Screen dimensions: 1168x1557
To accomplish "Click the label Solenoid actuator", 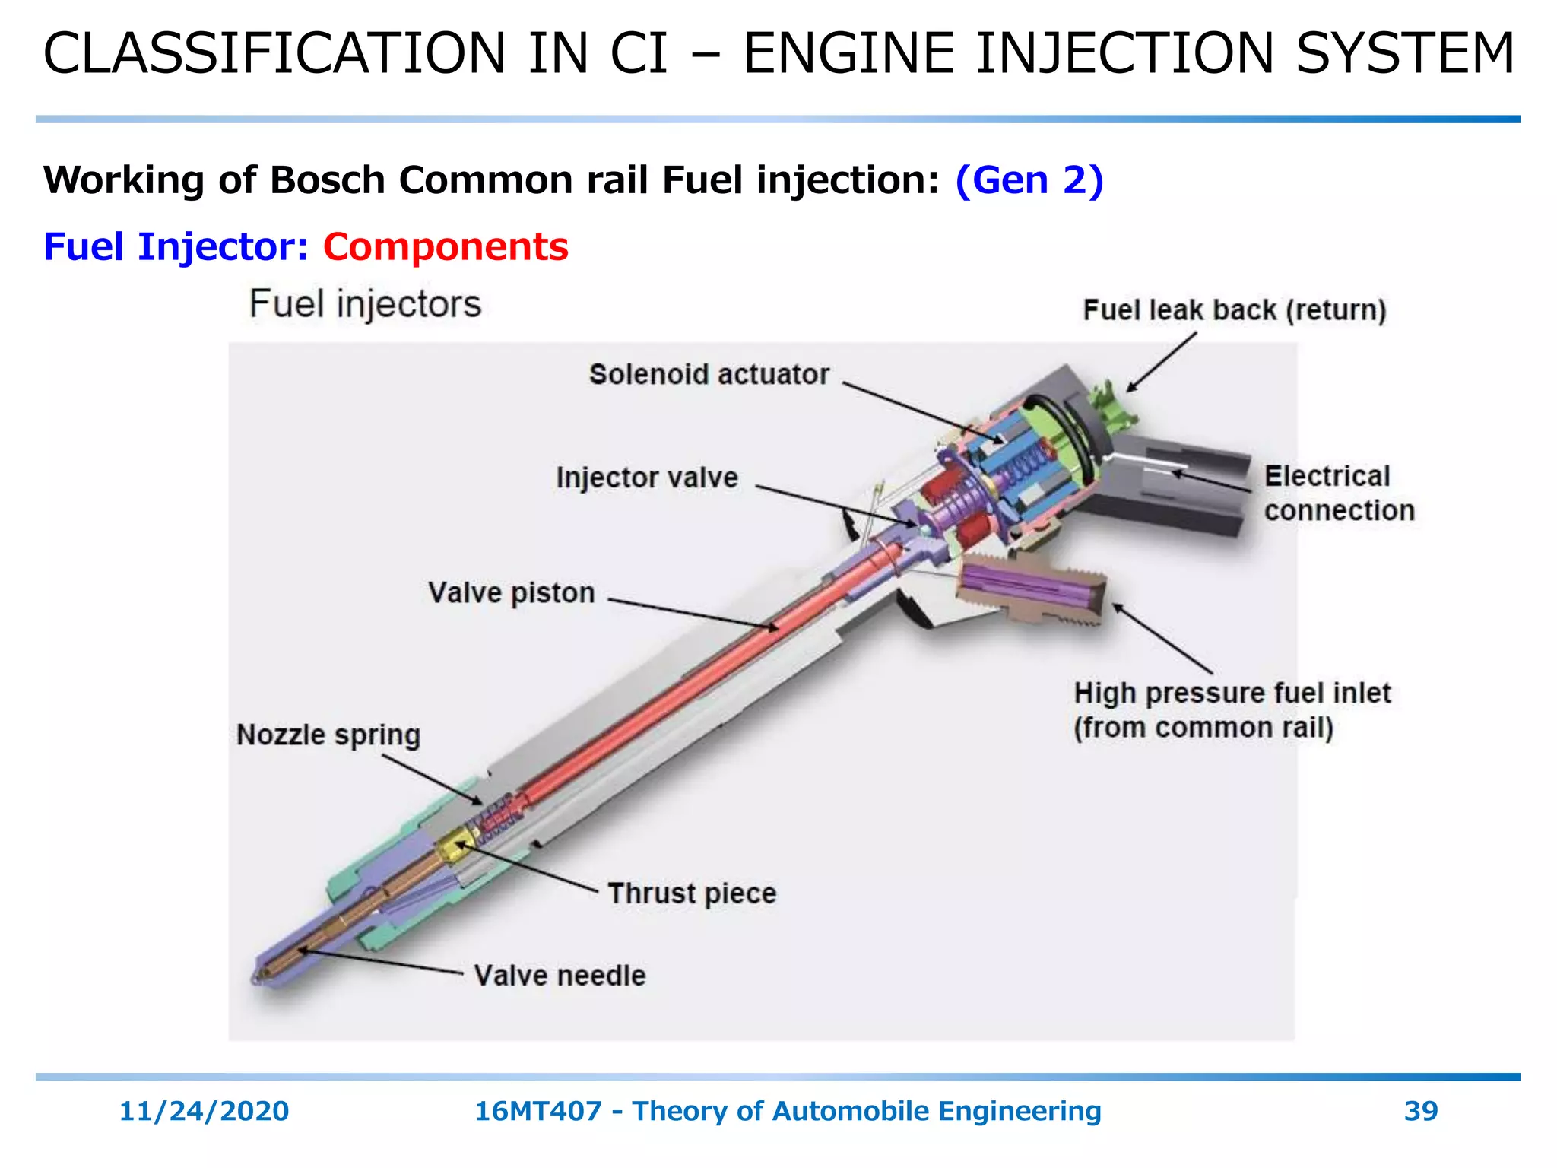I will pos(709,375).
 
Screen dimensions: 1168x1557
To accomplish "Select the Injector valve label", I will pos(647,478).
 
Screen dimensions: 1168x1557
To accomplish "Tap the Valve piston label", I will pos(511,593).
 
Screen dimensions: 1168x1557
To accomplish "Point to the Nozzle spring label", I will pos(328,735).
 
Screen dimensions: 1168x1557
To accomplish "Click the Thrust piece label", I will pos(692,893).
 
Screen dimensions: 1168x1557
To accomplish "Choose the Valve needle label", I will pos(560,976).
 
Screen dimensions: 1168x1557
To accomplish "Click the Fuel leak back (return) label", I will pos(1235,310).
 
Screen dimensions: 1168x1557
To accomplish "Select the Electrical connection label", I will pos(1338,494).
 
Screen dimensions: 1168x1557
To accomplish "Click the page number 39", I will pos(1420,1111).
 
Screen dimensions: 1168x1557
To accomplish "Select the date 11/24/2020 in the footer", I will pos(204,1111).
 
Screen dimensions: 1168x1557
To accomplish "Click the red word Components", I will pos(446,247).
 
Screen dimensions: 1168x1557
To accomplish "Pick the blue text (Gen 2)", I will pos(1029,180).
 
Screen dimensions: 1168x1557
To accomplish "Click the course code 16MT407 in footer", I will pos(537,1111).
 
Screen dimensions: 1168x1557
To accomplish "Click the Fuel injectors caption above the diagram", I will pos(365,304).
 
